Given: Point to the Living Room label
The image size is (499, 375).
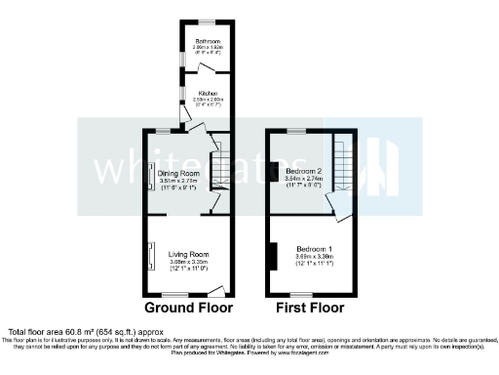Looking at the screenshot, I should pyautogui.click(x=185, y=254).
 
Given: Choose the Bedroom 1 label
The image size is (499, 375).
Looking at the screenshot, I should pyautogui.click(x=315, y=249).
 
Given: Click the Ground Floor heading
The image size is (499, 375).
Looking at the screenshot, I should pyautogui.click(x=188, y=307).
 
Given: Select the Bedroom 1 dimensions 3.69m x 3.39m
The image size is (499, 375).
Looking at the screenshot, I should pyautogui.click(x=315, y=257).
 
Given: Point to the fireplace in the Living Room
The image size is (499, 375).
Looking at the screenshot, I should pyautogui.click(x=150, y=256).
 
